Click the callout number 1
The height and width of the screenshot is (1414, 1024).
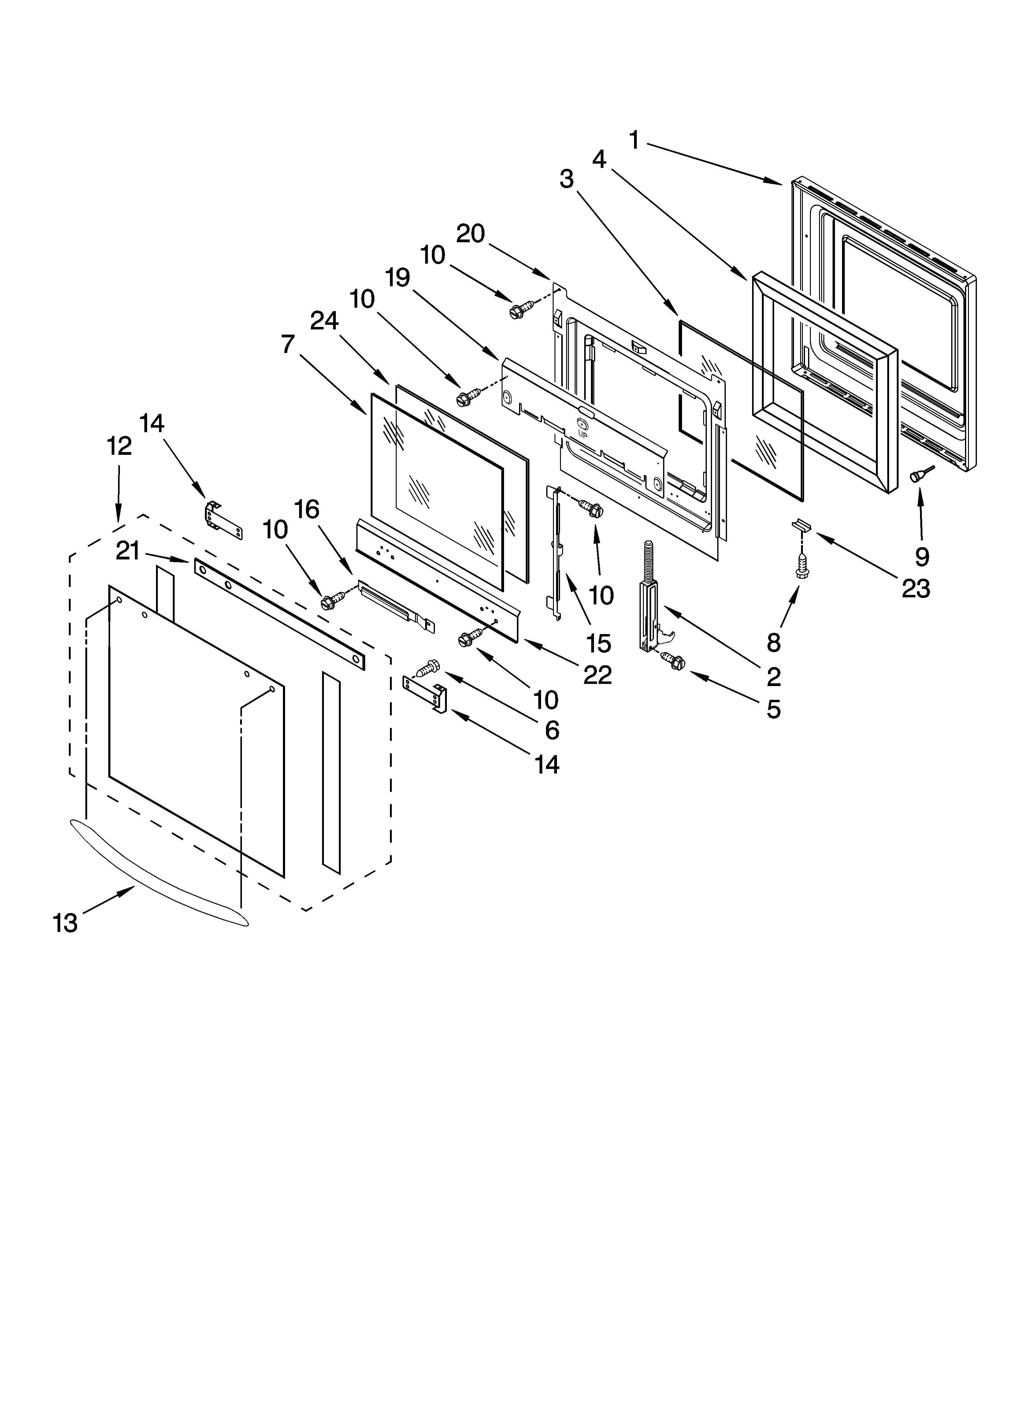pos(634,140)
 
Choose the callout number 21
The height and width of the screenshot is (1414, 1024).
pos(128,551)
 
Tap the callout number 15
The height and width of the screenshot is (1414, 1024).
pos(599,644)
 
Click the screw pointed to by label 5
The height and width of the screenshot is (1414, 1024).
pos(673,661)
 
